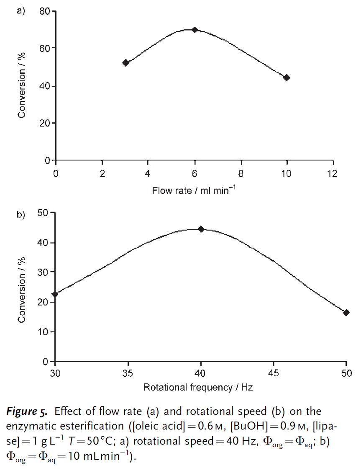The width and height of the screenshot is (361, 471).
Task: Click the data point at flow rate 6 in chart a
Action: click(195, 30)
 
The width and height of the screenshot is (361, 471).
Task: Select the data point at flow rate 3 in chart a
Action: click(125, 63)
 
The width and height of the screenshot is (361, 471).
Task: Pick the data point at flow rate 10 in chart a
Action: click(287, 78)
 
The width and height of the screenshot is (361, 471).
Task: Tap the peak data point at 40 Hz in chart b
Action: click(201, 229)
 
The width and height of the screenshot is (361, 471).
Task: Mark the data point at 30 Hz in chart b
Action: click(55, 294)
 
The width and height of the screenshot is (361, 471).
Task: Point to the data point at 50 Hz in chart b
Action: click(346, 313)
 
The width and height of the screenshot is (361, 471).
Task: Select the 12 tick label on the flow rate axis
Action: click(333, 173)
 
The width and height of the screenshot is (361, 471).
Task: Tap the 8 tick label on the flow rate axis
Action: click(241, 173)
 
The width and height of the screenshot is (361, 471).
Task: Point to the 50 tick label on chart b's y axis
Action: click(44, 213)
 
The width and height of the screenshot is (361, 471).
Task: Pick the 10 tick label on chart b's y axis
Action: click(44, 331)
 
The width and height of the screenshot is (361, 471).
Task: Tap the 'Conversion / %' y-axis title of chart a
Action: click(22, 85)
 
